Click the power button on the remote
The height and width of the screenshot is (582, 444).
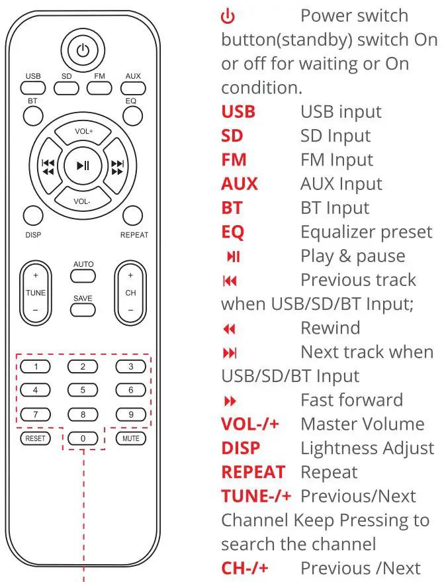tap(83, 50)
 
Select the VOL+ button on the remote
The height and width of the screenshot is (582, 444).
tap(83, 132)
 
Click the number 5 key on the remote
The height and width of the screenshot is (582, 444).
tap(83, 390)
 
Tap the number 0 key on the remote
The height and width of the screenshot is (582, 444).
tap(83, 438)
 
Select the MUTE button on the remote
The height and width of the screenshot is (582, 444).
tap(130, 438)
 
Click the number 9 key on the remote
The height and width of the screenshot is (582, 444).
tap(130, 414)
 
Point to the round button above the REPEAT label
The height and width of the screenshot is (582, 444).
tap(133, 215)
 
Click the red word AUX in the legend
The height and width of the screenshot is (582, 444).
tap(239, 183)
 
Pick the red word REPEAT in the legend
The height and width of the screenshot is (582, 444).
tap(253, 472)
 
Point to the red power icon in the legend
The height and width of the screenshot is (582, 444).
tap(227, 17)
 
